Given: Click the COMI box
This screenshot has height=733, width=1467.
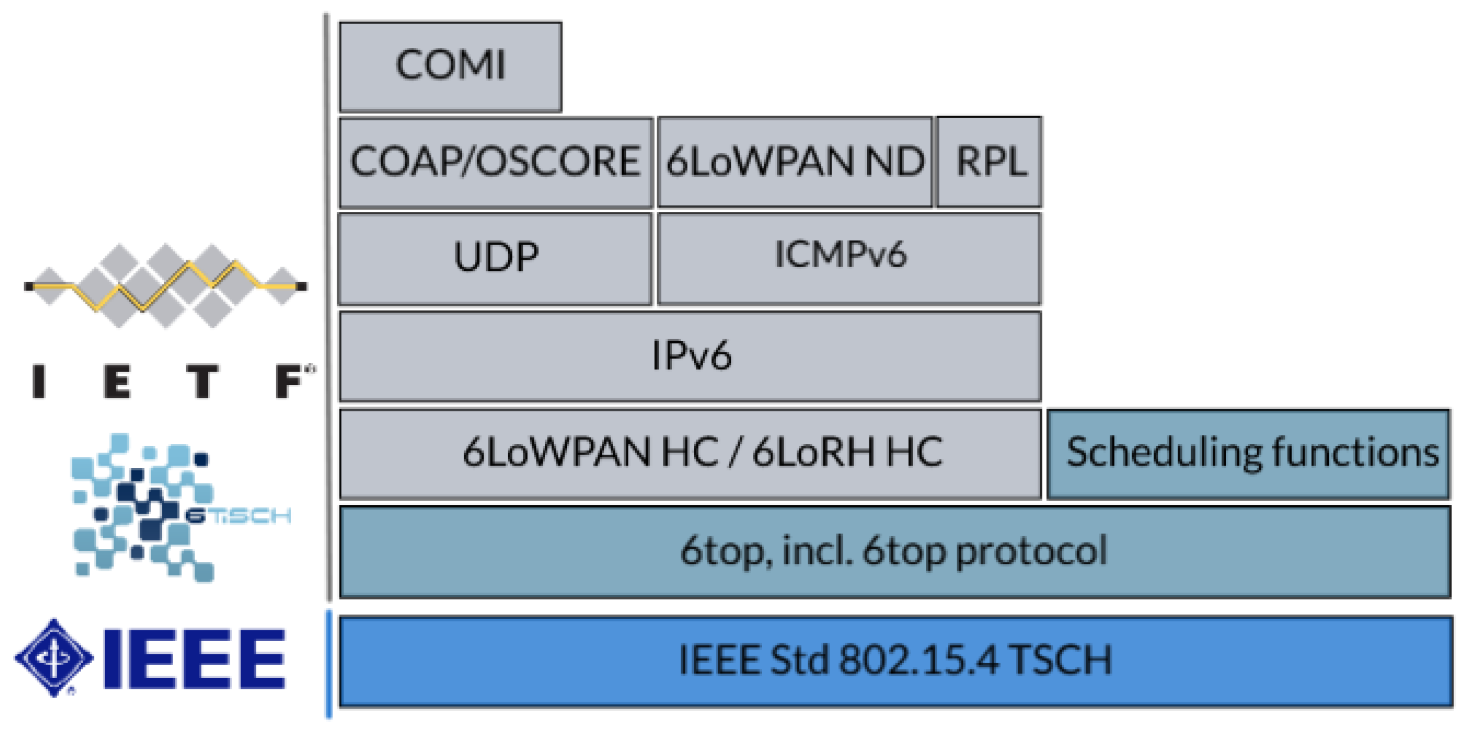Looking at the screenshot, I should click(450, 66).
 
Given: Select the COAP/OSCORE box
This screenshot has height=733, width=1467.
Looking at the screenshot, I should click(495, 161).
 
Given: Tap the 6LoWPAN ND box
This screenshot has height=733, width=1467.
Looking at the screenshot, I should click(794, 161).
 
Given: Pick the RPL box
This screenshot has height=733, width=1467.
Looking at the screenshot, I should click(990, 161).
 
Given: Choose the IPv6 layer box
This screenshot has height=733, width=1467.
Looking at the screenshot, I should click(690, 356).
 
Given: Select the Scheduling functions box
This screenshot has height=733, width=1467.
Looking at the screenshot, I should click(1248, 453).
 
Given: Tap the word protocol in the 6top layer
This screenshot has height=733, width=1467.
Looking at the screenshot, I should click(1031, 551).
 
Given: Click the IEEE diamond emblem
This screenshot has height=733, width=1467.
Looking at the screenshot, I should click(54, 657).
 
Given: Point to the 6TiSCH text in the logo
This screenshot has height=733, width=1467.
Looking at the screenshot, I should click(238, 516).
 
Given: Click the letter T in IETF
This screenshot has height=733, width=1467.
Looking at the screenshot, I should click(203, 381).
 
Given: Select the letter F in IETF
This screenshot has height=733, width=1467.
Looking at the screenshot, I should click(289, 381).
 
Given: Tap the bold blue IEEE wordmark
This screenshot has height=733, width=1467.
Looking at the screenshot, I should click(195, 659).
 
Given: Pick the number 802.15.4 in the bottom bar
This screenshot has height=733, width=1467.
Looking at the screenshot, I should click(919, 660).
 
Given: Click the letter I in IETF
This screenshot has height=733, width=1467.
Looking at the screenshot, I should click(39, 381).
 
